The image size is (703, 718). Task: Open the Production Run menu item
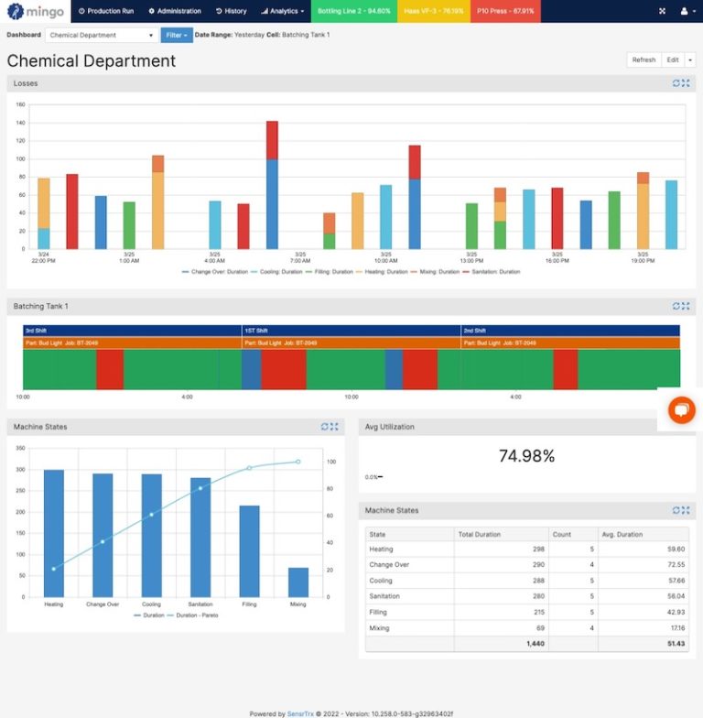[x=106, y=11]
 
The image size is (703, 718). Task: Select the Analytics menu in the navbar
[x=283, y=11]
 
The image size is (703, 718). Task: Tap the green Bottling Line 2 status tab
[x=353, y=11]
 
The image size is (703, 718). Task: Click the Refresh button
[x=644, y=60]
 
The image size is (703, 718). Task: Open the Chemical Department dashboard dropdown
[x=102, y=35]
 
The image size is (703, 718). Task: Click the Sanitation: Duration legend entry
[x=494, y=272]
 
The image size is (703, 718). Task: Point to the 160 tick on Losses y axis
[x=20, y=104]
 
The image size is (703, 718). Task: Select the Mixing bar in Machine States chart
[x=298, y=582]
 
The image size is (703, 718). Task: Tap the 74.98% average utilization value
[x=526, y=456]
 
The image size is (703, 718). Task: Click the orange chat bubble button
[x=681, y=410]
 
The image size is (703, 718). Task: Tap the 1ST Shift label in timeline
[x=256, y=331]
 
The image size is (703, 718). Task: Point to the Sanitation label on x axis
[x=200, y=604]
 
